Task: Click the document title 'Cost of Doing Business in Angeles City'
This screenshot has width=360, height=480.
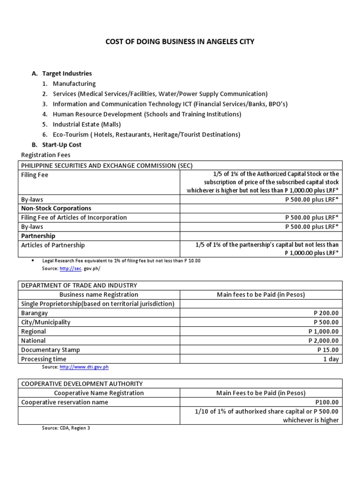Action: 180,42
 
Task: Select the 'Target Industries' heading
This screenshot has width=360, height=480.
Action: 67,74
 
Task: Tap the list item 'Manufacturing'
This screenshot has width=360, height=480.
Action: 74,83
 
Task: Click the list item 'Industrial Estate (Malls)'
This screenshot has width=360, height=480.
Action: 87,124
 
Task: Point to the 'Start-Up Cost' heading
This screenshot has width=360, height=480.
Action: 62,145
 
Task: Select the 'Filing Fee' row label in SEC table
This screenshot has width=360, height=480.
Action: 35,175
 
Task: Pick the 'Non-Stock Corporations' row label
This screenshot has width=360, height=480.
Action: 56,208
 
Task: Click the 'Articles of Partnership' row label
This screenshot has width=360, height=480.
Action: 53,245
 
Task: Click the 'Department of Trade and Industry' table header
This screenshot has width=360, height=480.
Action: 79,285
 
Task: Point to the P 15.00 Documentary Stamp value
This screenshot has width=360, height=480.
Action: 328,350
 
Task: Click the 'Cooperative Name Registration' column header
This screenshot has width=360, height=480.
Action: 99,393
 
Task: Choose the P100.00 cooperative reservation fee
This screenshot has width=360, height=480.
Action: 327,402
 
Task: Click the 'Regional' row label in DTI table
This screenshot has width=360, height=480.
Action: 33,331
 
